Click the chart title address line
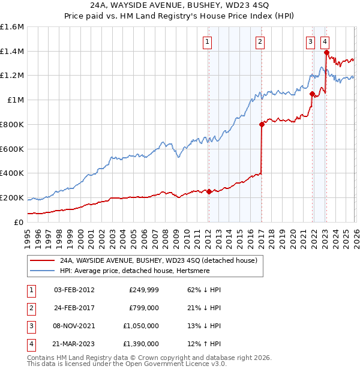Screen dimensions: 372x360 (x=180, y=5)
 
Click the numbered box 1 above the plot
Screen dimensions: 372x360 (x=207, y=42)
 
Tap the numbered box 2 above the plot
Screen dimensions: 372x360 (x=260, y=42)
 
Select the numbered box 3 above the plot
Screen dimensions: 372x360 (x=310, y=42)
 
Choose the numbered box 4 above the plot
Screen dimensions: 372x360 (x=324, y=42)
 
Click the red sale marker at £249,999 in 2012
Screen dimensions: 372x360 (x=209, y=191)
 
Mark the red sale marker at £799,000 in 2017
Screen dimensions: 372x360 (x=262, y=125)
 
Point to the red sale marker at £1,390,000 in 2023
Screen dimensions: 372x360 (x=326, y=53)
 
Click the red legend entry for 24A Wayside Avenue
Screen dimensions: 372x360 (x=158, y=260)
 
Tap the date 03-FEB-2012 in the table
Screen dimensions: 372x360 (x=74, y=290)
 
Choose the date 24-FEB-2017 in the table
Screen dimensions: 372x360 (x=74, y=308)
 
